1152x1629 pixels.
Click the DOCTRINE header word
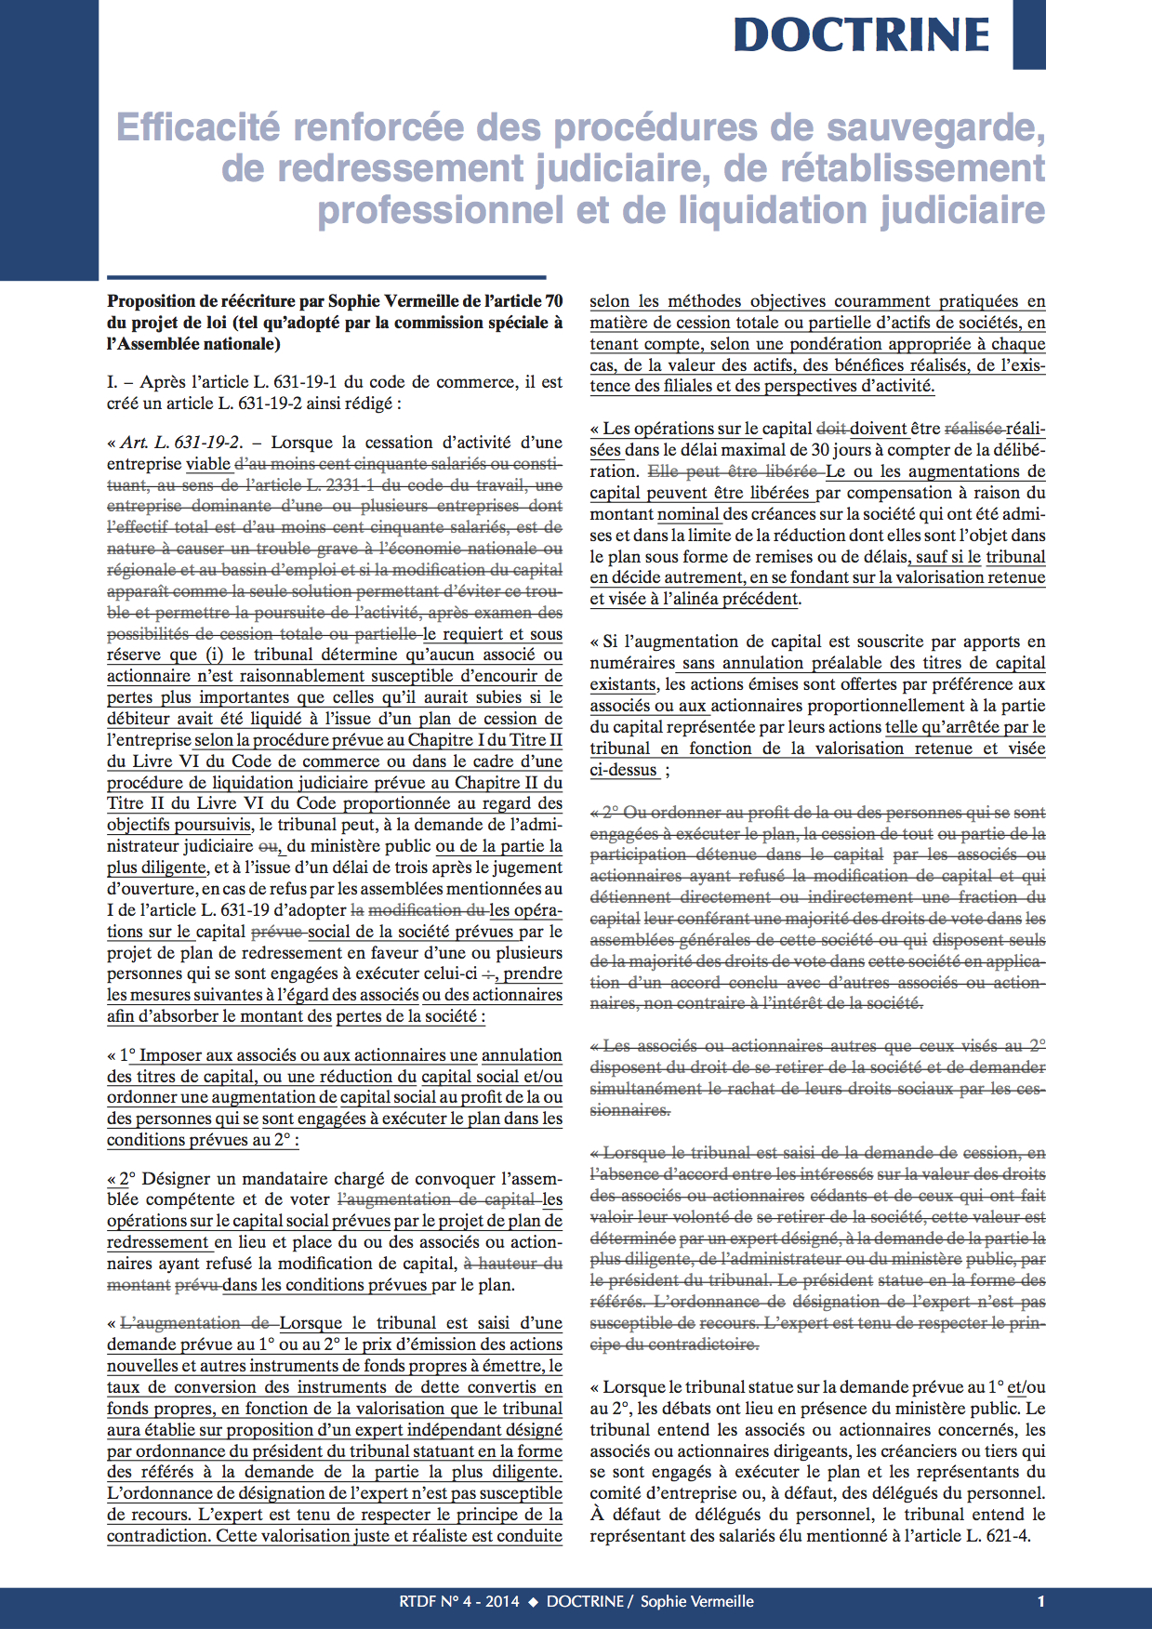point(862,35)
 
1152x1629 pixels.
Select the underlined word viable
point(208,464)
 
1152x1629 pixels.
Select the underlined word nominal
point(688,514)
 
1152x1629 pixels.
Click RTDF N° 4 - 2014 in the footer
point(459,1601)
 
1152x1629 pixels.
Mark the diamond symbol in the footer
point(533,1601)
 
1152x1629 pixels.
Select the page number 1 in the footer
point(1040,1601)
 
